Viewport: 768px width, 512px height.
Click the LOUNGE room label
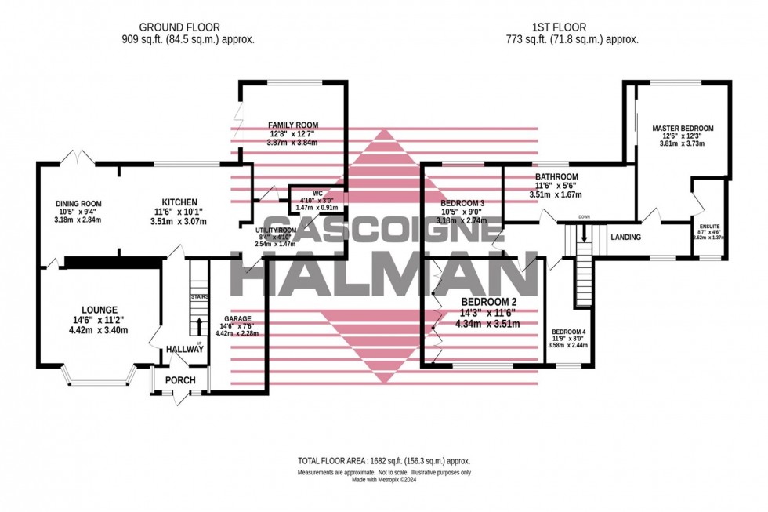pos(97,310)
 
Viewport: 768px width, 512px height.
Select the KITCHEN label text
pos(174,202)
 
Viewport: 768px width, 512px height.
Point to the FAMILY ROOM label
pos(293,125)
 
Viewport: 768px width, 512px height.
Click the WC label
pos(317,192)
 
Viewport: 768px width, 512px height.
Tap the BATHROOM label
pos(556,176)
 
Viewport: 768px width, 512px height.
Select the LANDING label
pos(625,238)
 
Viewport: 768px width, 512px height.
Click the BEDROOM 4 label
pos(568,331)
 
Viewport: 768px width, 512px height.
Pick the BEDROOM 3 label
pos(462,204)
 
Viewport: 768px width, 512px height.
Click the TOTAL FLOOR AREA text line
pos(383,461)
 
